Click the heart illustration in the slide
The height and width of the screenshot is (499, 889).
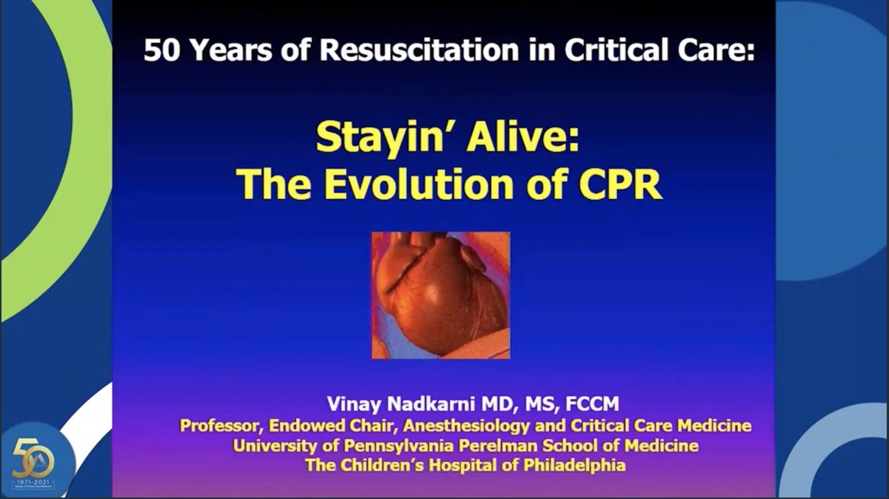tap(440, 295)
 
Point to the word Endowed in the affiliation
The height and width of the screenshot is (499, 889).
tap(315, 426)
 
